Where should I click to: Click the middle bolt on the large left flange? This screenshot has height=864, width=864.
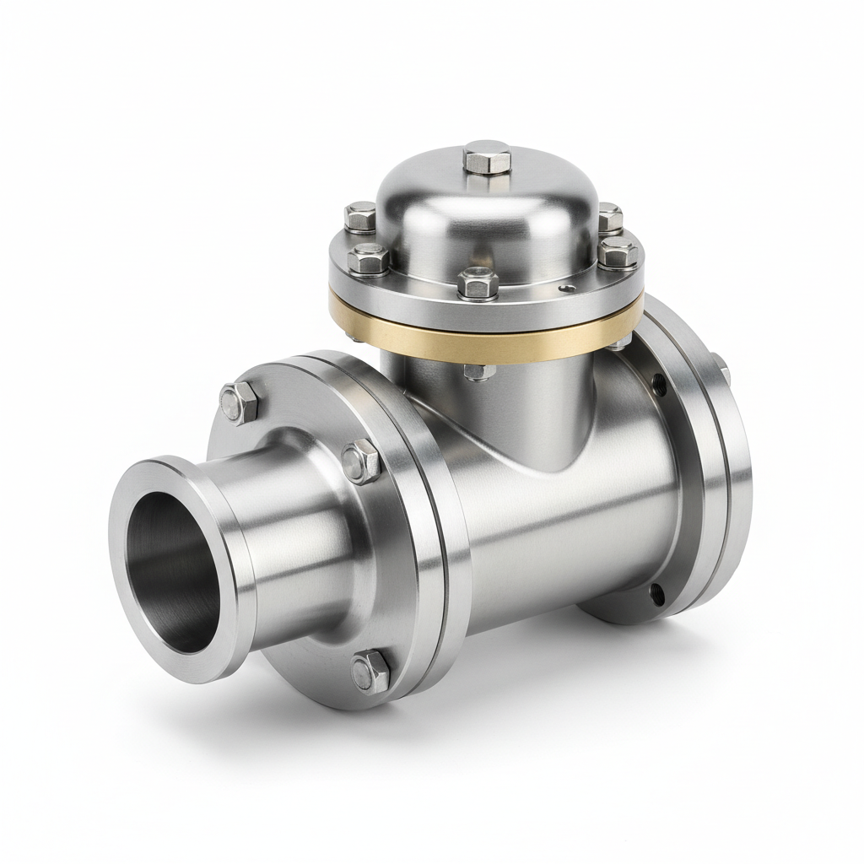[362, 461]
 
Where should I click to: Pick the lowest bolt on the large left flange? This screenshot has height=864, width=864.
[370, 671]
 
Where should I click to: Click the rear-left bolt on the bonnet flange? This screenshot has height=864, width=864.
[360, 217]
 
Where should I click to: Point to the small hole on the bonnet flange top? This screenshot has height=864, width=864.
[573, 288]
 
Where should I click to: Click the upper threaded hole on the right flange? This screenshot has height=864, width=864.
[659, 385]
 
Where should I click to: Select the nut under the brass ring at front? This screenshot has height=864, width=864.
[478, 371]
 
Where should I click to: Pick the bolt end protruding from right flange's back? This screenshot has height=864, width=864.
[723, 364]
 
